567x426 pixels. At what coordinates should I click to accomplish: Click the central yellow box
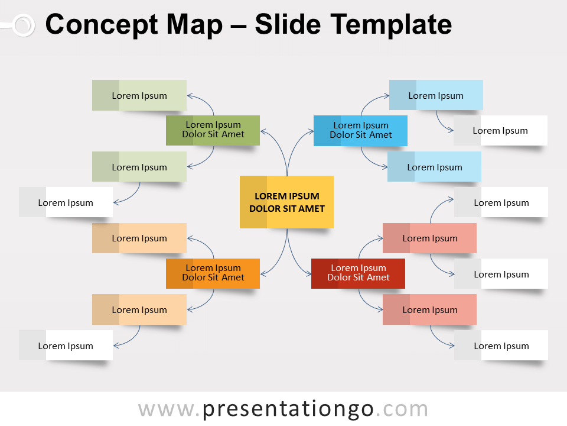(286, 202)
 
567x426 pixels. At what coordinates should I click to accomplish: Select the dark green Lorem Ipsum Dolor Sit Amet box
(213, 130)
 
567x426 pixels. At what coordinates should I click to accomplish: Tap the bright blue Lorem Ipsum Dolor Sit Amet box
(360, 130)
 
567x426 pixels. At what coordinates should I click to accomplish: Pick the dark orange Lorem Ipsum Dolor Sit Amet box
(213, 273)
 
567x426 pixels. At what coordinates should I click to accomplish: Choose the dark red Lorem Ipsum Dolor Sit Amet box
(358, 273)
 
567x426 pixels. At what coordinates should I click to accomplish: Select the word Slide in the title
(288, 25)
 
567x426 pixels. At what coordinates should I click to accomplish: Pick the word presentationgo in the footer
(288, 409)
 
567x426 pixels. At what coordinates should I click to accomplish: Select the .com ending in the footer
(402, 409)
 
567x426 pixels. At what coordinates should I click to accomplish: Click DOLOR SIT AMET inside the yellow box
(286, 208)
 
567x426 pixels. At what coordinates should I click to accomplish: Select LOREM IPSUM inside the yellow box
(286, 196)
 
